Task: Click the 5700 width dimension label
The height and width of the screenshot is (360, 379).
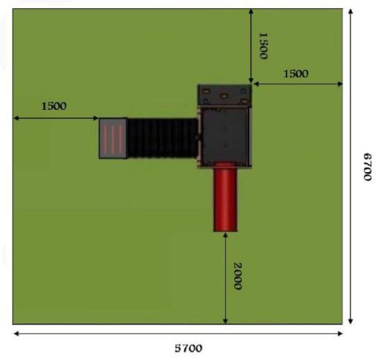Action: [x=189, y=349]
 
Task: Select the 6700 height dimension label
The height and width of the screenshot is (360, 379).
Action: [x=368, y=167]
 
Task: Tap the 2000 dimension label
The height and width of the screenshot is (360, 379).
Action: [x=237, y=277]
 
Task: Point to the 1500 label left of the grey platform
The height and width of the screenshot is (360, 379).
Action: [x=54, y=106]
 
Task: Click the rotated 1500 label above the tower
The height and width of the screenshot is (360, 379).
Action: [x=264, y=45]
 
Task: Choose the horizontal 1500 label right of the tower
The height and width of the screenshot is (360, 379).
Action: [x=296, y=74]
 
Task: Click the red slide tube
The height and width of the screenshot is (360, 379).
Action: [x=225, y=197]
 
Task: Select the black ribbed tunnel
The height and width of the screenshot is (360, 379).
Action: [x=162, y=138]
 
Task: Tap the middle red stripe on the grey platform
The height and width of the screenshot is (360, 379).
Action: [x=113, y=139]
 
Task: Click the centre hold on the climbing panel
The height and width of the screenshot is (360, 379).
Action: [x=224, y=96]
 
